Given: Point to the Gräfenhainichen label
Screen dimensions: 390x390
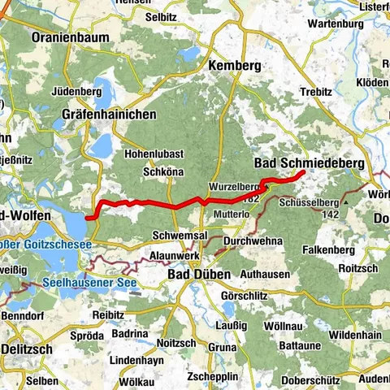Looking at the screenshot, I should (x=109, y=115).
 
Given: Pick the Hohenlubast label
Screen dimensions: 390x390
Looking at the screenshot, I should (x=154, y=154).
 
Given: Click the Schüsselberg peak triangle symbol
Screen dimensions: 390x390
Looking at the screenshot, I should (x=345, y=199).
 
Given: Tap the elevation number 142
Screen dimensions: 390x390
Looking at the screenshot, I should (x=328, y=214).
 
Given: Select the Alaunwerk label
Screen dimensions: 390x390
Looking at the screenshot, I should (x=175, y=255).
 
